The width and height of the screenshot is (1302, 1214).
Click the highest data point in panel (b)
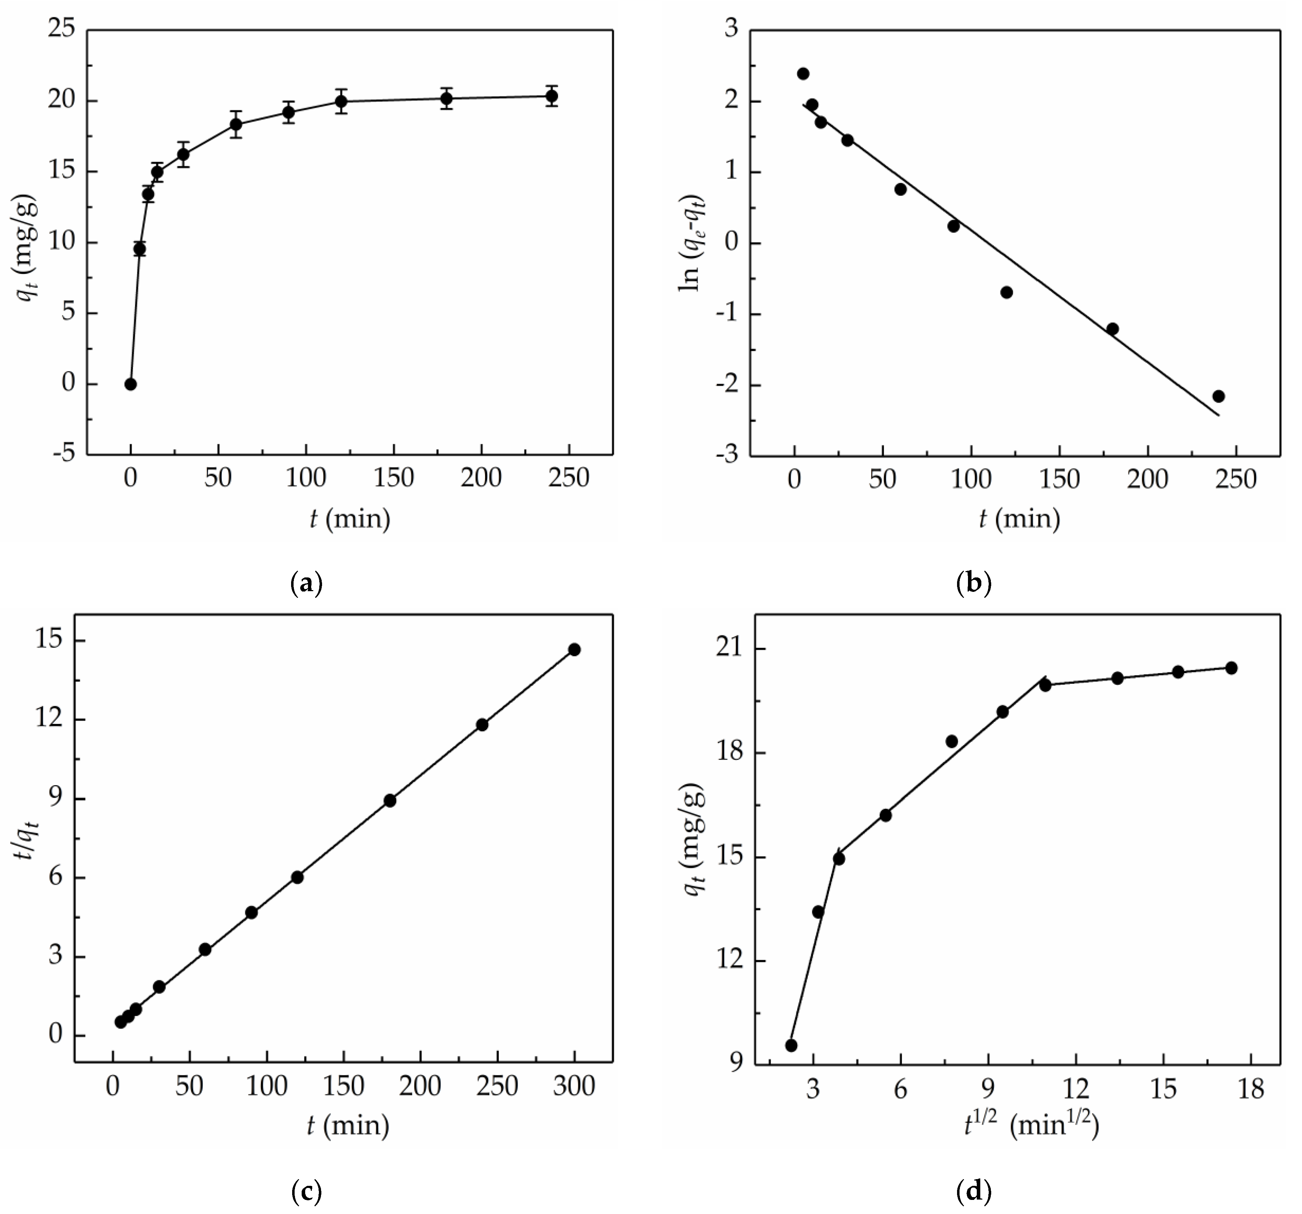pyautogui.click(x=803, y=73)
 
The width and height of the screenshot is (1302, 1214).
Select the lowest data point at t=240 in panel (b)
pyautogui.click(x=1218, y=396)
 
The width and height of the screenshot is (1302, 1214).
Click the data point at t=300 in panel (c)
pyautogui.click(x=574, y=649)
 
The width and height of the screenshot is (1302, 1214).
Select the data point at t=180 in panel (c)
pyautogui.click(x=390, y=801)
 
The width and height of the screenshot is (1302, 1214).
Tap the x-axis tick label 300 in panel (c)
pyautogui.click(x=574, y=1086)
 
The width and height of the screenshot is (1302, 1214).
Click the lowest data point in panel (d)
pyautogui.click(x=791, y=1045)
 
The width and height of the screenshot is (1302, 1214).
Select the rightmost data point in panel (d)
pyautogui.click(x=1231, y=668)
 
